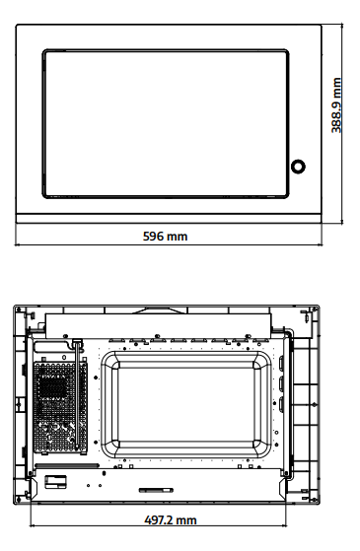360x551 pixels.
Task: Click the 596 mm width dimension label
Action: (166, 237)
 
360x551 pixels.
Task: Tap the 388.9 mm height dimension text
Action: (336, 105)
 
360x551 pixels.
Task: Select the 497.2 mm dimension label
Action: (171, 520)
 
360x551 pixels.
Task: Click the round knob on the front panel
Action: (298, 167)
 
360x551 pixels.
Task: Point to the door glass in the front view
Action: (166, 123)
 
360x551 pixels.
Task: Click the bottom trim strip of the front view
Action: (169, 219)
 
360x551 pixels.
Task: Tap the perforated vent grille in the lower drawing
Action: (60, 407)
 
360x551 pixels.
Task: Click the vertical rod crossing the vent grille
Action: (77, 394)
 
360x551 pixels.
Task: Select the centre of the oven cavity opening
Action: (186, 405)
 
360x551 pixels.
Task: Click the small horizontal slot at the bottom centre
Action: (156, 490)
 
